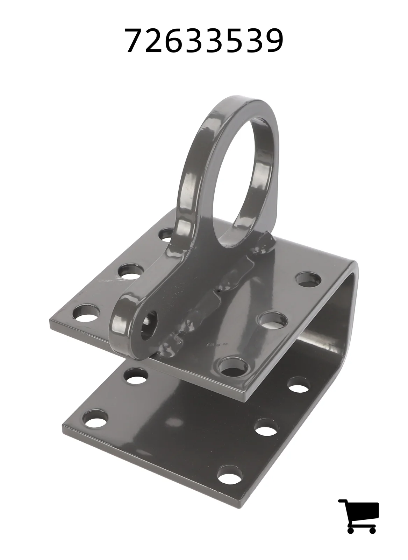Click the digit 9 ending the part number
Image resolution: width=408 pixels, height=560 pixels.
[273, 40]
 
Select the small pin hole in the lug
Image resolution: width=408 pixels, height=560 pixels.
[149, 326]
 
